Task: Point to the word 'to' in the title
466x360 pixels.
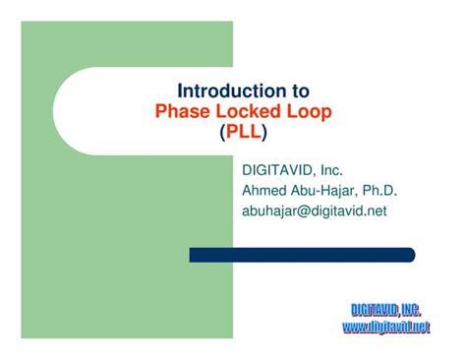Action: tap(294, 92)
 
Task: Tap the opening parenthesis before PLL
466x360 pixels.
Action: tap(221, 131)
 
